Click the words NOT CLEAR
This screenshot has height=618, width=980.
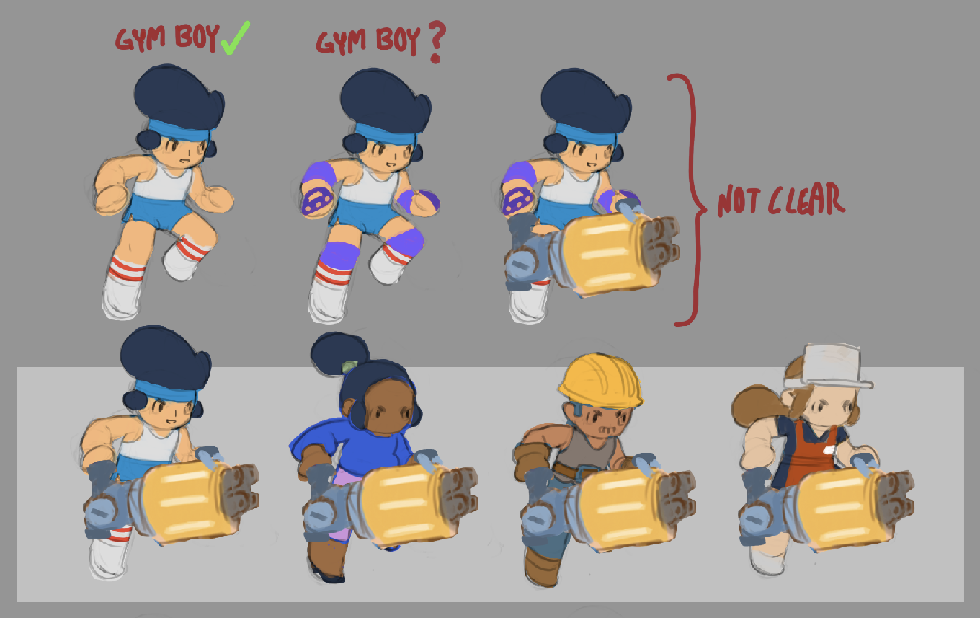(x=781, y=200)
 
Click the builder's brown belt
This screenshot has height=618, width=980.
(x=573, y=472)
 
